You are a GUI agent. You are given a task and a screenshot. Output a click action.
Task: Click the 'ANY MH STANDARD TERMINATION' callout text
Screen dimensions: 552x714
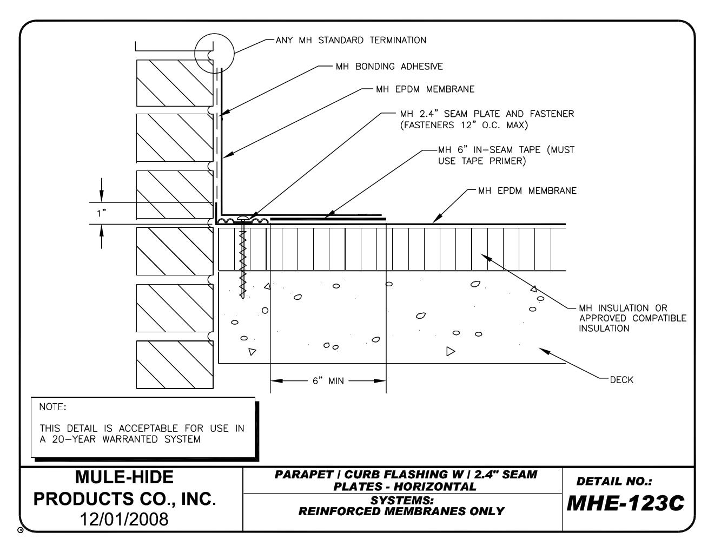coord(351,40)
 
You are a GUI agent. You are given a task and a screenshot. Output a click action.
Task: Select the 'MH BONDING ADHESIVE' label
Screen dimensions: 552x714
coord(389,67)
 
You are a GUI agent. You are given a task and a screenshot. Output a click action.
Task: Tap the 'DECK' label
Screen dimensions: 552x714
coord(621,380)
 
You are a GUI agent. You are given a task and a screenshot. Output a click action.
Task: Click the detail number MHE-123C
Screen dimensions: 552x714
coord(625,504)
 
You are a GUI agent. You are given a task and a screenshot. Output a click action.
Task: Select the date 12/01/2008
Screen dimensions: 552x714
coord(124,519)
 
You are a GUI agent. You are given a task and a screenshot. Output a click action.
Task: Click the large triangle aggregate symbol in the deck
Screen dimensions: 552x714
coord(450,351)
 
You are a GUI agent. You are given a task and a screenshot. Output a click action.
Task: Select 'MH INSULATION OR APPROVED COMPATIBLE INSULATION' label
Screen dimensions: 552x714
coord(632,318)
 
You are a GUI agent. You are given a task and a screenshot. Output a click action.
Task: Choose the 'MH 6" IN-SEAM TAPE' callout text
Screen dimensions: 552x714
coord(506,155)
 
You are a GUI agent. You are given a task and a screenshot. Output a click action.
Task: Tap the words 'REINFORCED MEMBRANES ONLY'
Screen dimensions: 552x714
coord(401,511)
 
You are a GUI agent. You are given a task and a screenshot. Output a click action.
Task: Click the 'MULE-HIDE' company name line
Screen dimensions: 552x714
coord(124,477)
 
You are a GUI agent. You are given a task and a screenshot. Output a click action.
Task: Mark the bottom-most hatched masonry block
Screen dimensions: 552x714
coord(174,364)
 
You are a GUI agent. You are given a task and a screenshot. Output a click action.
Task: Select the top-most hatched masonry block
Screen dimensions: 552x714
coord(174,82)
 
